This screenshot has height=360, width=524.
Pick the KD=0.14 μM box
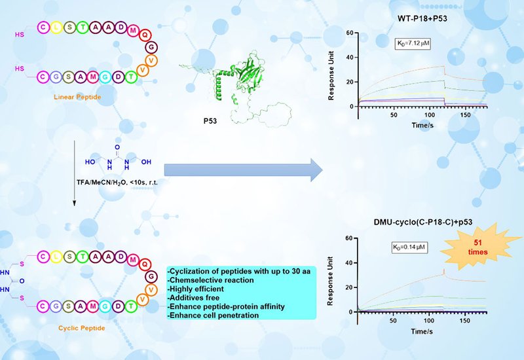(409, 248)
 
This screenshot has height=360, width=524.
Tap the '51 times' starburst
(473, 248)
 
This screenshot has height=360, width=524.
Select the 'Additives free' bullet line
(195, 298)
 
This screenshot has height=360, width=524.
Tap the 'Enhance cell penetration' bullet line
(213, 316)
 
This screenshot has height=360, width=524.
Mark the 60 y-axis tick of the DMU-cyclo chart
(350, 239)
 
